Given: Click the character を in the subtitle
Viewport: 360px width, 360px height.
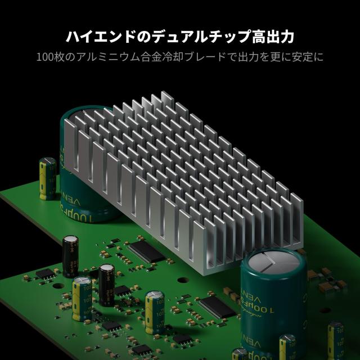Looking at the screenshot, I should click(x=266, y=57).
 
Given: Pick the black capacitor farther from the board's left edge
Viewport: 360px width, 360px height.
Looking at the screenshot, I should click(x=107, y=280).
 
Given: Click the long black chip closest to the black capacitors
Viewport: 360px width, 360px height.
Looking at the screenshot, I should click(x=146, y=251).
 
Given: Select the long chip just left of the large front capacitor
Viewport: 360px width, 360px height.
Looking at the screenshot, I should click(x=216, y=307).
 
